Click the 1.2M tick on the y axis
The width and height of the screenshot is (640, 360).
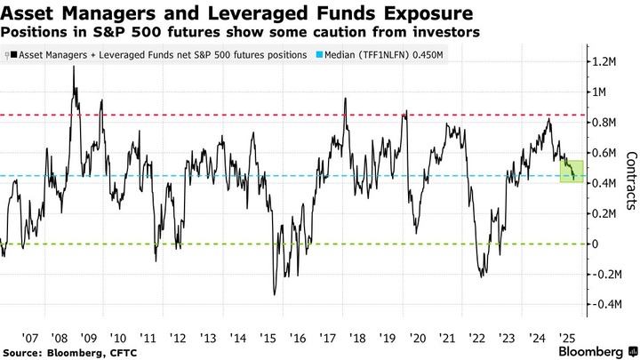606,61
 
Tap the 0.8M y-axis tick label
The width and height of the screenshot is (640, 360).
606,123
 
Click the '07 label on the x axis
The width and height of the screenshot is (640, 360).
29,338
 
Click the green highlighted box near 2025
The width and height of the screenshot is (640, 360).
571,171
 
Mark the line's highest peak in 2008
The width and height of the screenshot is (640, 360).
73,66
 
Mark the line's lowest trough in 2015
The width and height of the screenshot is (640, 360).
275,294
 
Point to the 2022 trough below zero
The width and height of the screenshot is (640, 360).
483,276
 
